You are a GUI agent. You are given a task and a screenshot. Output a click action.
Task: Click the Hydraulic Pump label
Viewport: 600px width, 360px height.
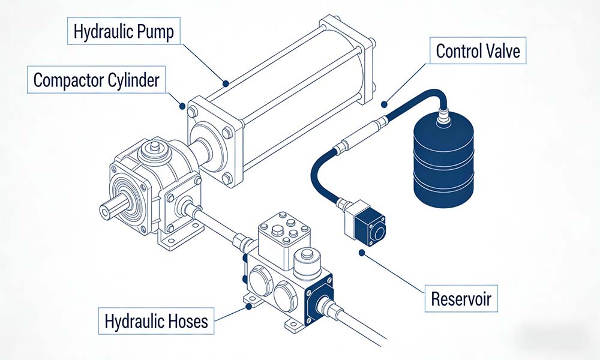point(124,32)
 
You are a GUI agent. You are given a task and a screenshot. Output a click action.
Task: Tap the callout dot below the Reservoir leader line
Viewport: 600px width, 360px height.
point(361,253)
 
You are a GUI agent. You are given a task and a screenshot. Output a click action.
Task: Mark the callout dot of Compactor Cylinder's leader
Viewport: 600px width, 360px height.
point(182,107)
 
